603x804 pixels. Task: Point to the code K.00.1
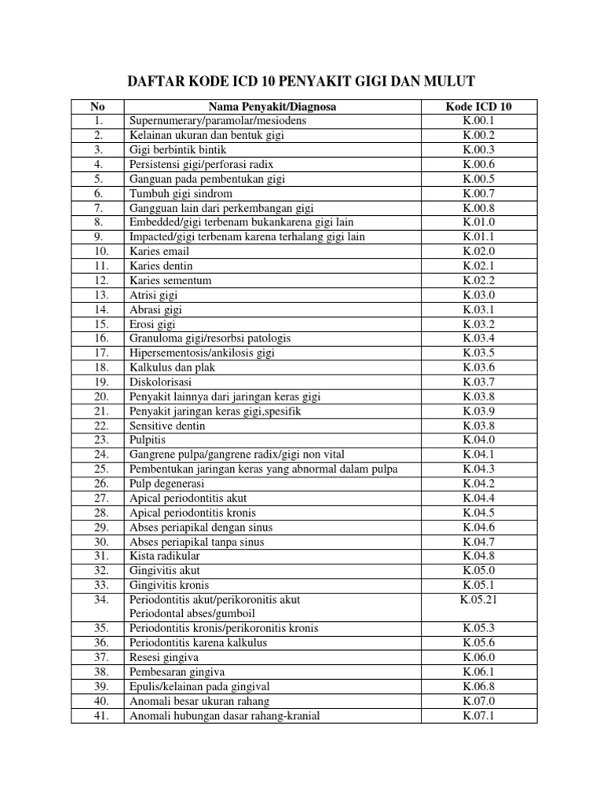click(479, 122)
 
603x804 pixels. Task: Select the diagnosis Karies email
click(159, 251)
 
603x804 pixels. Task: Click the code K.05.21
click(479, 600)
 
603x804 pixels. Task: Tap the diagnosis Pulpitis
click(149, 440)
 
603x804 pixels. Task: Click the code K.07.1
click(479, 715)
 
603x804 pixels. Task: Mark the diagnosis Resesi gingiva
click(164, 657)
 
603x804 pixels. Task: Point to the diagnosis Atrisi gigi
click(154, 295)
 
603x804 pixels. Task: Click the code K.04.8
click(479, 556)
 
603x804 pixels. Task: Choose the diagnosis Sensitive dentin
click(168, 426)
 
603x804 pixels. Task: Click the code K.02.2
click(479, 280)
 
